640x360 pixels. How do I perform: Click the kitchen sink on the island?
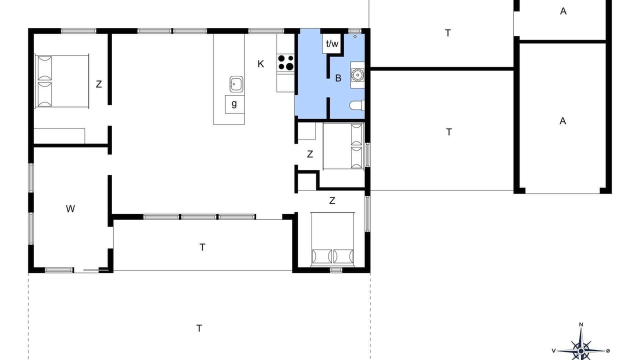coord(236,84)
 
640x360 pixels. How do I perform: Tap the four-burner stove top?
coord(285,62)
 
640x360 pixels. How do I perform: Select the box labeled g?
coord(234,104)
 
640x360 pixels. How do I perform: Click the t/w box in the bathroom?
coord(332,43)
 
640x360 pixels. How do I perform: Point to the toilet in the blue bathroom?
coord(357,105)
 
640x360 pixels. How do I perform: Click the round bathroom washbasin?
coord(357,75)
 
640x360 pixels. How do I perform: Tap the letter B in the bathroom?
coord(338,78)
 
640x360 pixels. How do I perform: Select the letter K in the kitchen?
coord(260,64)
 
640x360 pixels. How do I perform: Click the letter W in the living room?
coord(70,209)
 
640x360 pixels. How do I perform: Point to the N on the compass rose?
coord(581,324)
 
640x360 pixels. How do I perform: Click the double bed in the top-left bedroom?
coord(61,81)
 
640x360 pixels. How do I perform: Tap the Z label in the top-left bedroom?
coord(99,84)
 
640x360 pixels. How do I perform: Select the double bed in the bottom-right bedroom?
coord(332,239)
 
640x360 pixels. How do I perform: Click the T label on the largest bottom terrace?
coord(199,328)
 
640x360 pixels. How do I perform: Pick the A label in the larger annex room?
coord(562,121)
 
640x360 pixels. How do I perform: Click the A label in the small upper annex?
coord(563,11)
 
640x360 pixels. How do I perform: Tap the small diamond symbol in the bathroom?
coord(355,36)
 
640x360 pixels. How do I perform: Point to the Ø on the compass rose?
coord(607,351)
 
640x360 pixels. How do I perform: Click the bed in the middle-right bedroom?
coord(343,146)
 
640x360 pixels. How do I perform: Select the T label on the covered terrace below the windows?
coord(202,247)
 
